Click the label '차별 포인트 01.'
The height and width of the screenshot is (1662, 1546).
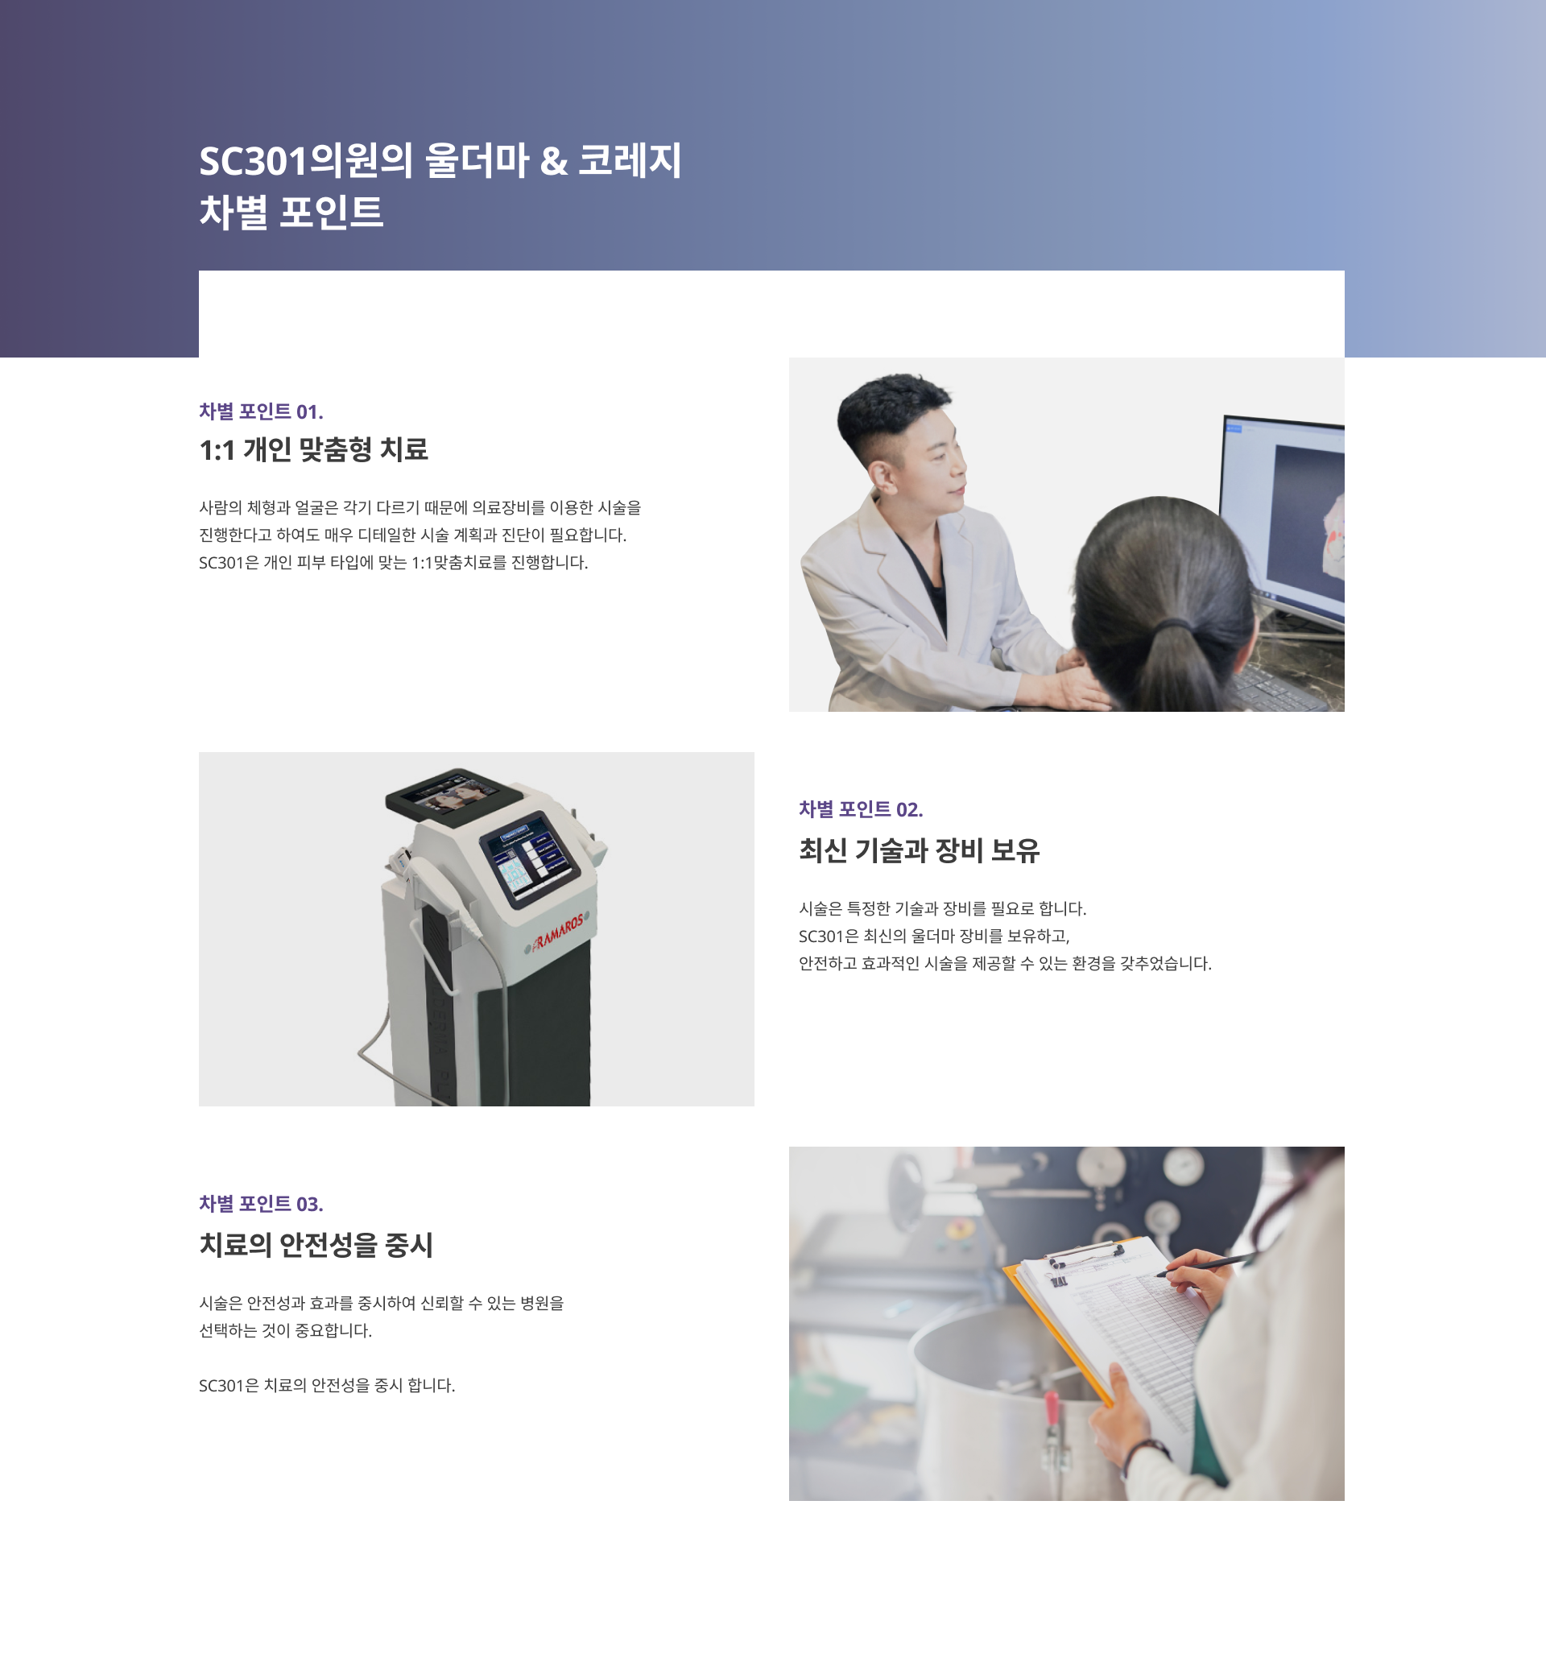[x=261, y=411]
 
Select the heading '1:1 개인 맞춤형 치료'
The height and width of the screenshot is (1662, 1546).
[x=313, y=450]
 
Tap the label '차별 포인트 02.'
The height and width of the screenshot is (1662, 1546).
[x=861, y=809]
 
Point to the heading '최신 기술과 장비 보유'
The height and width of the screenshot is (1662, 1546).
[x=919, y=850]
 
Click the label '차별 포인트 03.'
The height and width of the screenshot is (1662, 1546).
[x=261, y=1204]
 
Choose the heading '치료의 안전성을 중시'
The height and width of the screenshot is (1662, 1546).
[x=316, y=1245]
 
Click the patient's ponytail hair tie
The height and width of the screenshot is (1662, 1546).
[x=1173, y=624]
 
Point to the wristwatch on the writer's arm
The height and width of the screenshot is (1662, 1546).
[x=1140, y=1453]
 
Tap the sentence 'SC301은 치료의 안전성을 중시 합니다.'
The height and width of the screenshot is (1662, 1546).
[x=327, y=1385]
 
